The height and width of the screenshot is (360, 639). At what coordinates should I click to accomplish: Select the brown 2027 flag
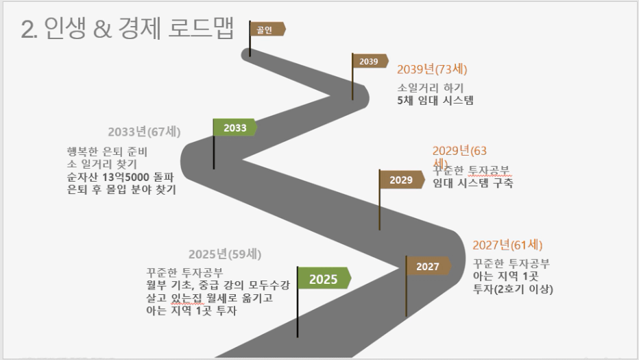tap(428, 266)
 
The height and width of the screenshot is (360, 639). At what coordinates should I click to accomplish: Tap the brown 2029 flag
tap(401, 180)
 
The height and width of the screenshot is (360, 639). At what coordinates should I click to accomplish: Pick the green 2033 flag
tap(234, 128)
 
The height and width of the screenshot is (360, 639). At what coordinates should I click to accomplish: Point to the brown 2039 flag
tap(370, 61)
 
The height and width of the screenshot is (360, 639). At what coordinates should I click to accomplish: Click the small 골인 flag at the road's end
tap(267, 29)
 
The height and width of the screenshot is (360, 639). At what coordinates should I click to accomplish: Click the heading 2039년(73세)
tap(432, 69)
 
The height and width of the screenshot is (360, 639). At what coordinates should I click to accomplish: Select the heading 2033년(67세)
tap(144, 132)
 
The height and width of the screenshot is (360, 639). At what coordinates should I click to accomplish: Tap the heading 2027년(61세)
tap(507, 245)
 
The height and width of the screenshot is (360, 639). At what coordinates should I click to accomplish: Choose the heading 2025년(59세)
tap(225, 254)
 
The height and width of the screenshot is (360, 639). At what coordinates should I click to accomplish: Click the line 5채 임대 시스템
tap(435, 100)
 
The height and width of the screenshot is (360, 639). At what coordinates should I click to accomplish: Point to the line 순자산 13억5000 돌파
tap(120, 177)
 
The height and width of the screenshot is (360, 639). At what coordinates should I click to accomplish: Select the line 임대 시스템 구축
tap(472, 182)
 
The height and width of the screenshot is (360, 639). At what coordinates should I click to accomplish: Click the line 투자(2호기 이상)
tap(513, 289)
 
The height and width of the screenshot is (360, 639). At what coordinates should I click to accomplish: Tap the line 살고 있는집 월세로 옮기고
tap(210, 298)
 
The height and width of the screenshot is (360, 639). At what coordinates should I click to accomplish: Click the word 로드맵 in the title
tap(201, 29)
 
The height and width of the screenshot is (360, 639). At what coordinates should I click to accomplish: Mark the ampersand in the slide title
tap(102, 29)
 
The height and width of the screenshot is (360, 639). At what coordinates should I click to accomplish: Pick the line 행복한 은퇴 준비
tap(107, 152)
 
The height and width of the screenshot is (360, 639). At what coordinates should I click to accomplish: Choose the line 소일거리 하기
tap(431, 88)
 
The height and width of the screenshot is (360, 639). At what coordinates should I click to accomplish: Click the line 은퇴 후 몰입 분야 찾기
tap(121, 189)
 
